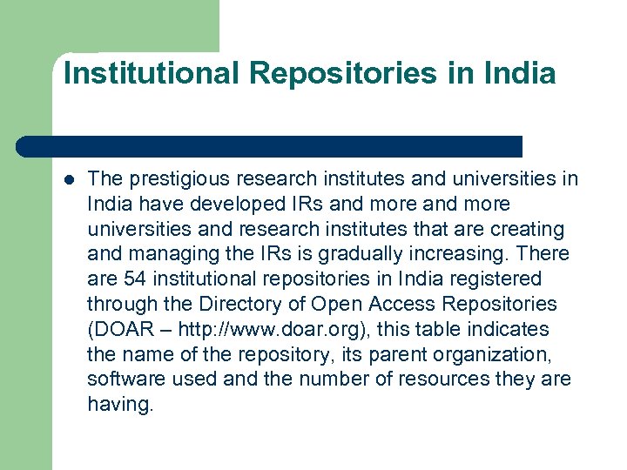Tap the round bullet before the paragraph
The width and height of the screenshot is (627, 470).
[69, 180]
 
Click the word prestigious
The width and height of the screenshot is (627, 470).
[173, 179]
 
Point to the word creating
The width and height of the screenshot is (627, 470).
[529, 230]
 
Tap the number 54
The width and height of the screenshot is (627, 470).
[134, 279]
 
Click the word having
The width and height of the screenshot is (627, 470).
[119, 405]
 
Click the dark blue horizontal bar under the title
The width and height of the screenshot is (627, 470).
[270, 146]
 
